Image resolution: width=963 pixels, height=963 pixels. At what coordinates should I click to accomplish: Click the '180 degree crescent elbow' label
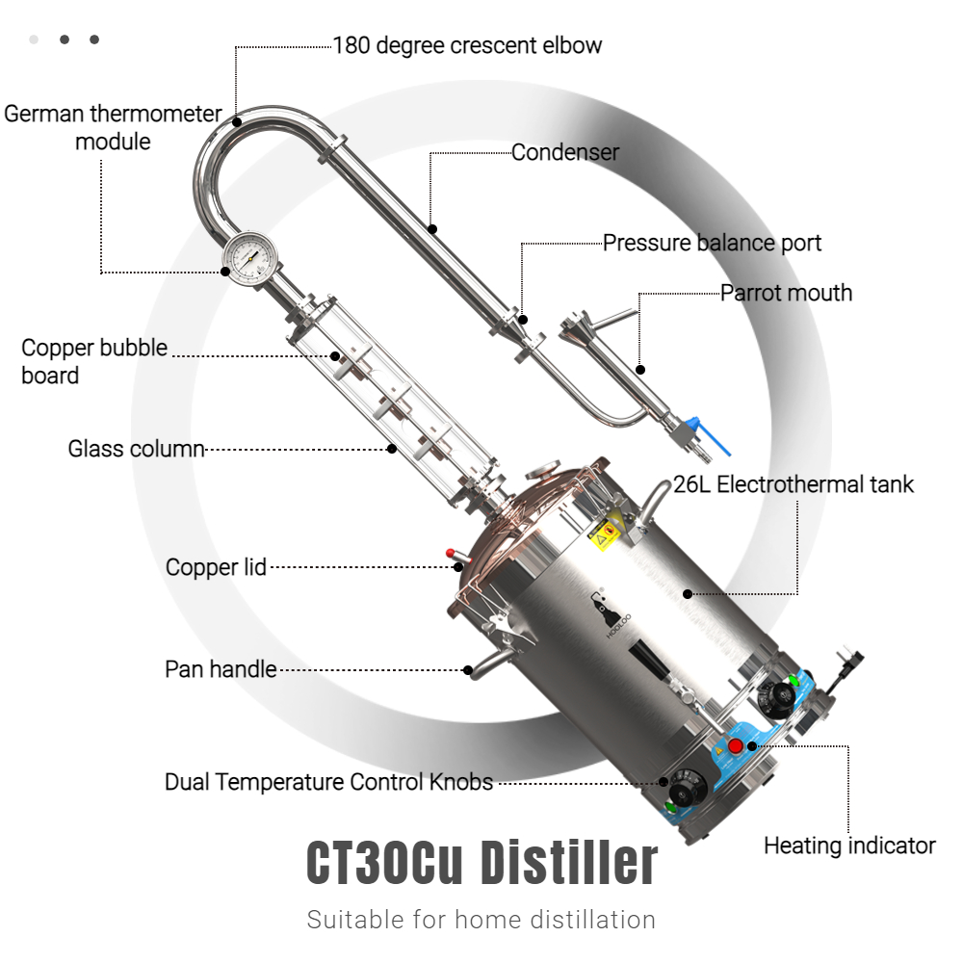(467, 45)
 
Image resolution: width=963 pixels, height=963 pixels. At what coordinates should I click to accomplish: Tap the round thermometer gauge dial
(250, 259)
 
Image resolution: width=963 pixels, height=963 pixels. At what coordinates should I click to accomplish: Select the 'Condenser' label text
(565, 152)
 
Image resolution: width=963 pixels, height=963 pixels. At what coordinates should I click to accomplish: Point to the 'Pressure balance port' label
(712, 244)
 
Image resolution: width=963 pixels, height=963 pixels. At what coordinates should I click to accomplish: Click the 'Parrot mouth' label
(786, 293)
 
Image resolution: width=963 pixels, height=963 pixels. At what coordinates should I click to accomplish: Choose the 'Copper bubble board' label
(94, 361)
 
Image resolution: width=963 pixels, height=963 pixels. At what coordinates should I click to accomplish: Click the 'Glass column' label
(136, 449)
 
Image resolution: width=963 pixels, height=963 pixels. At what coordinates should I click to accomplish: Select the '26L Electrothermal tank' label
(794, 484)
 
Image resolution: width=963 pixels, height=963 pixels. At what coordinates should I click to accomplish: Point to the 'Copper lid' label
(216, 567)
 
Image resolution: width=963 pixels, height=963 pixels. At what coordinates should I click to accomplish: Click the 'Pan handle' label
(221, 669)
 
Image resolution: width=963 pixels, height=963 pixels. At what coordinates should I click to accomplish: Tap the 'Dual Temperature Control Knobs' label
(328, 782)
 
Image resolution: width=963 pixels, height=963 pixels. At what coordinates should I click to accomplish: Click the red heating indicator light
(735, 746)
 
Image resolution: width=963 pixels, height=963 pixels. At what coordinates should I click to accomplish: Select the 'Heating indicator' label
(849, 846)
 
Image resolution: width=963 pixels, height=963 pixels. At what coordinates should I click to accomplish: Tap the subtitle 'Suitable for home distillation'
(481, 920)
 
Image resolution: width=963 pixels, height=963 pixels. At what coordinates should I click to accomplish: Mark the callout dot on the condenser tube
(432, 229)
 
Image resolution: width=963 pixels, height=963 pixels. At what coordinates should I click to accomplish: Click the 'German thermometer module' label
(113, 128)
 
